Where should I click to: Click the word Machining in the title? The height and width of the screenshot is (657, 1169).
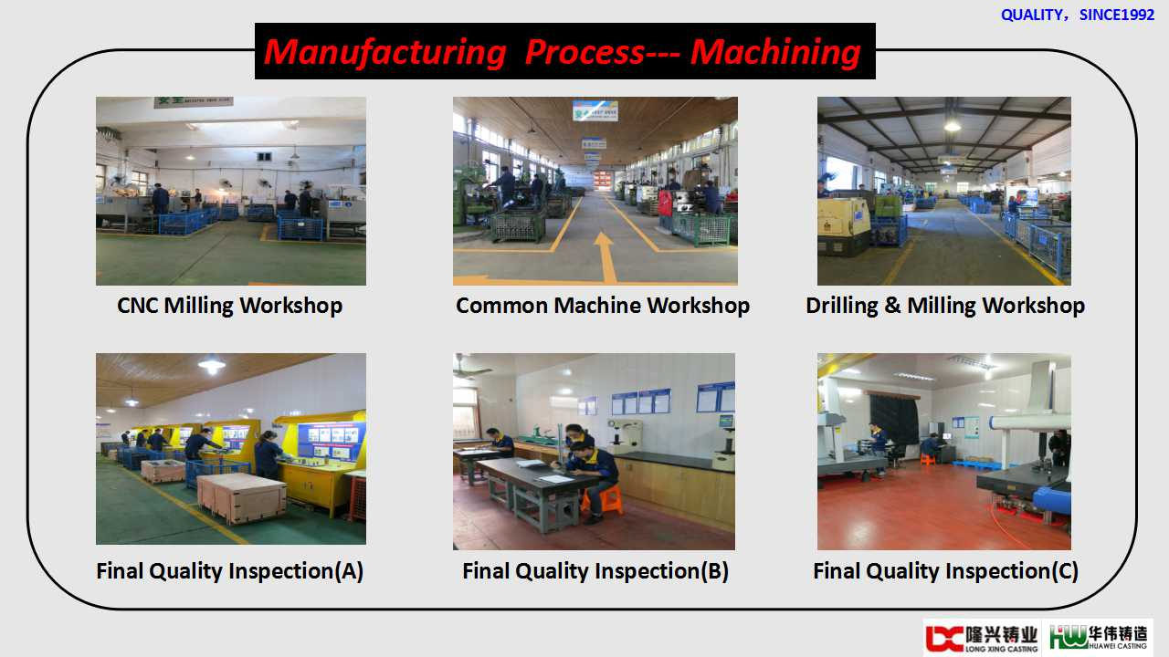click(x=775, y=53)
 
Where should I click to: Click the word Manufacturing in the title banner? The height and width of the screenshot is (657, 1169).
click(x=385, y=53)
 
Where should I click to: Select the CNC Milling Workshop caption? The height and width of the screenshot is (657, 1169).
click(x=229, y=305)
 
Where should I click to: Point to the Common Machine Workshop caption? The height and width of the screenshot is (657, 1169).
click(x=603, y=305)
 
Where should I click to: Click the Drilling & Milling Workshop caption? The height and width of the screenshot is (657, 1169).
click(x=945, y=305)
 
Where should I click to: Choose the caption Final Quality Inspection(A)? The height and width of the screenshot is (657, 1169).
click(x=229, y=571)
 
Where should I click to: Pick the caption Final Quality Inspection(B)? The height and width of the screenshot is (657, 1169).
click(x=595, y=571)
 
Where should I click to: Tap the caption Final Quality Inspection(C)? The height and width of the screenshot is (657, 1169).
click(x=945, y=571)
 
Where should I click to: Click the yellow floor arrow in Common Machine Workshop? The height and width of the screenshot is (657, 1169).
click(x=605, y=257)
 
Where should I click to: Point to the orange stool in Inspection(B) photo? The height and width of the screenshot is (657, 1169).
click(x=604, y=499)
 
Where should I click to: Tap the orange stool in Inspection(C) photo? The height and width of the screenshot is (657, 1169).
click(x=927, y=459)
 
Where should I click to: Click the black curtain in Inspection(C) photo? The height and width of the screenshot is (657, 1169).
click(x=893, y=418)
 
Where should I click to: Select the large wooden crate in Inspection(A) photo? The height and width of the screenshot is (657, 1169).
click(x=242, y=497)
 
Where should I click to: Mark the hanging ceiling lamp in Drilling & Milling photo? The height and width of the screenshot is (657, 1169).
click(x=952, y=125)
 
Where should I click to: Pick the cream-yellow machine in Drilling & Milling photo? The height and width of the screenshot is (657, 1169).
click(x=844, y=225)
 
